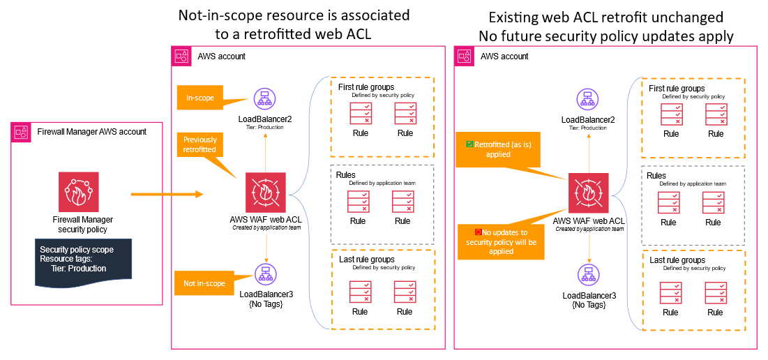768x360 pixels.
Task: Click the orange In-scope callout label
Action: (199, 98)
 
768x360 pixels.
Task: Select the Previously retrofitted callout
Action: (200, 144)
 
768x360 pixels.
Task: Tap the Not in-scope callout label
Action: (204, 284)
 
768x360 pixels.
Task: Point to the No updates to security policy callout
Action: (501, 241)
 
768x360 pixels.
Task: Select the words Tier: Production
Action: (78, 269)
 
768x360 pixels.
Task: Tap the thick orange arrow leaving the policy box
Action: (167, 194)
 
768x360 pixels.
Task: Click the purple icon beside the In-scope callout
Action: (265, 98)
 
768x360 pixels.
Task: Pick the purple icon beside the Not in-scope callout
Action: (266, 273)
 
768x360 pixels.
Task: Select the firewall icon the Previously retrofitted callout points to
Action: (266, 193)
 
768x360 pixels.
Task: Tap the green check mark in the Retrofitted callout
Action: (469, 144)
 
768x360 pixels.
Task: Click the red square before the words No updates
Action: (478, 232)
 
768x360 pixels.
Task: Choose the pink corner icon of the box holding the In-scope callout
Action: (181, 56)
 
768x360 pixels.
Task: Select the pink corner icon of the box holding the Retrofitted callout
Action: (464, 56)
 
